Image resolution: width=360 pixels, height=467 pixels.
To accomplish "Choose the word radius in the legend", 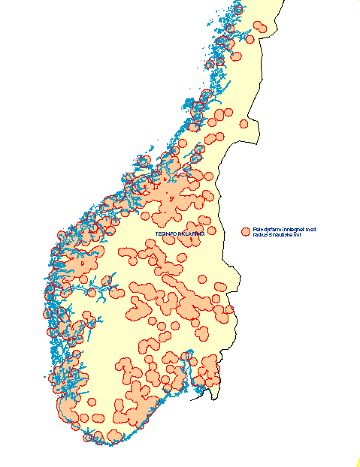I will coord(261,235).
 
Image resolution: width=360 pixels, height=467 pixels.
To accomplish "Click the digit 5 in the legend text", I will coord(271,235).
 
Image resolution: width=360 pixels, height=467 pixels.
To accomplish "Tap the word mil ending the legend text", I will coord(298,235).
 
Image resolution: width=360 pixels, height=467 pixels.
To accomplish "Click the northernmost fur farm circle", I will coord(239,9).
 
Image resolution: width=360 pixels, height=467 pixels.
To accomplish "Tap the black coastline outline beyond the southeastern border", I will coord(200,393).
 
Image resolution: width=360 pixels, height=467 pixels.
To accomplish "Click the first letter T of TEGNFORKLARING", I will coord(156,234).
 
